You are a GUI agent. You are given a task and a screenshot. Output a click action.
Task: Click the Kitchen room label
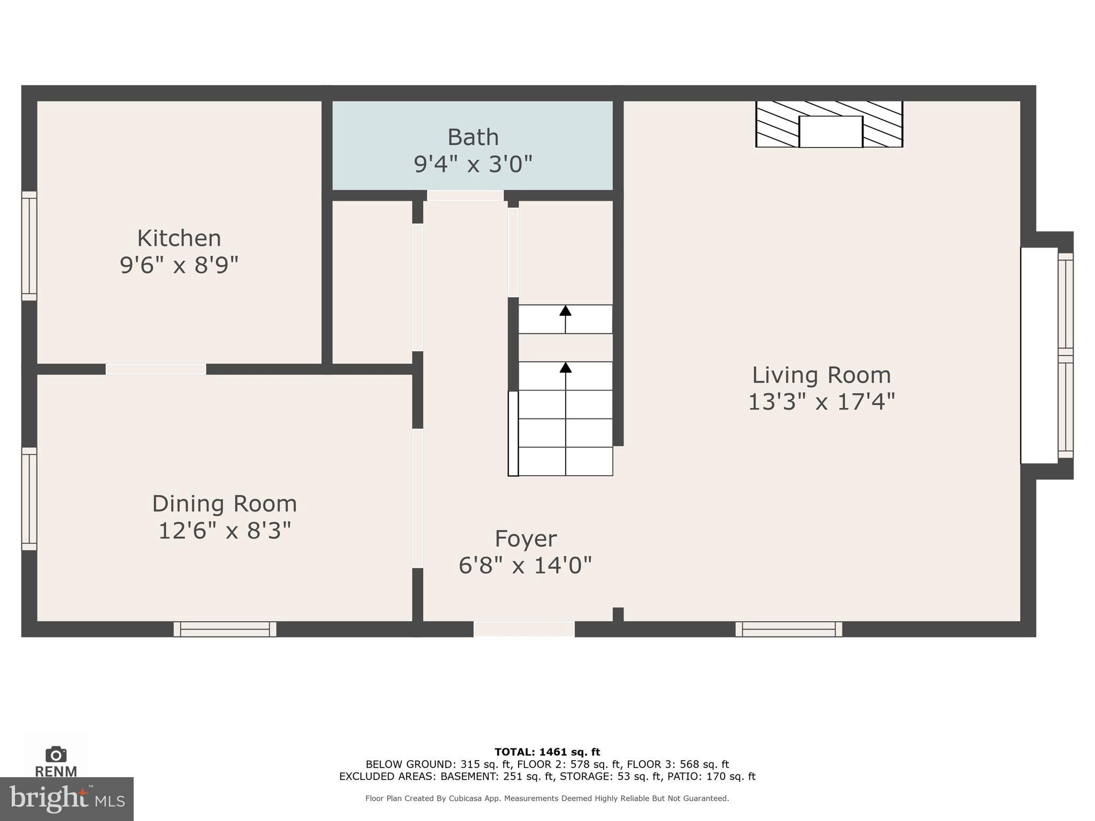[179, 238]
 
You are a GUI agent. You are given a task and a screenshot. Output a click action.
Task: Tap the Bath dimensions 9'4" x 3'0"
[473, 164]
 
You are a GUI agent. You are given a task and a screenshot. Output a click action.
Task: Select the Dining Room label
[224, 504]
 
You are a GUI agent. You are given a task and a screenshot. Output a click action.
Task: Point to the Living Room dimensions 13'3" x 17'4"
[821, 402]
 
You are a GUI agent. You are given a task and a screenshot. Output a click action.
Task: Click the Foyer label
[526, 538]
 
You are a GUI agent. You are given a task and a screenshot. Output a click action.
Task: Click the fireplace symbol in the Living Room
[829, 124]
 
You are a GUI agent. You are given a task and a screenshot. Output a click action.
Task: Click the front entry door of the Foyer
[524, 629]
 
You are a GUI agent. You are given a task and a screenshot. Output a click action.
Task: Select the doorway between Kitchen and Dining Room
[156, 369]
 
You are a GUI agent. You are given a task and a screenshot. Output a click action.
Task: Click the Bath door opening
[465, 196]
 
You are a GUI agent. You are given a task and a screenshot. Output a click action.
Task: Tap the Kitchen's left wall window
[29, 246]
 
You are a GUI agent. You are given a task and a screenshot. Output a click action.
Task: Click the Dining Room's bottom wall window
[225, 629]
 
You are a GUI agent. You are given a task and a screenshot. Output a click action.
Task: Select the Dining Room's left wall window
[29, 499]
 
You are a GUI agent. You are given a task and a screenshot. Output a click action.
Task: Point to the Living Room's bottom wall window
[789, 629]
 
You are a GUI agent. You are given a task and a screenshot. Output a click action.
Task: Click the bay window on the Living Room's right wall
[1065, 355]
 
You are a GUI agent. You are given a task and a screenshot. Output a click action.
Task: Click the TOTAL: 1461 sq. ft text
[547, 752]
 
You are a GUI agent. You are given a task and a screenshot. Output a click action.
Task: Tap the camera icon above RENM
[56, 754]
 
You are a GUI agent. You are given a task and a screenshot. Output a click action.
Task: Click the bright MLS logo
[66, 799]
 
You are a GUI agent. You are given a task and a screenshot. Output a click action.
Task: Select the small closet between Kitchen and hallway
[372, 282]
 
